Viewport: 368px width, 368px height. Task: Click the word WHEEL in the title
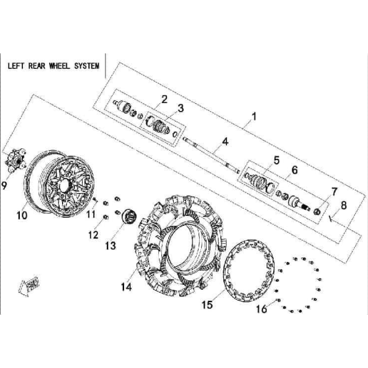[60, 66]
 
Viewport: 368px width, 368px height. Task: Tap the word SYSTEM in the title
[87, 66]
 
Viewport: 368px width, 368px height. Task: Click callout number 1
[254, 117]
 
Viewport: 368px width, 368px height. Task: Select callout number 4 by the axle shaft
[225, 141]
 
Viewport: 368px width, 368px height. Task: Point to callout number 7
[334, 192]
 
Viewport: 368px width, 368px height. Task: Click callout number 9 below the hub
[4, 186]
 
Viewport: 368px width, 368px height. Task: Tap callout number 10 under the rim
[22, 215]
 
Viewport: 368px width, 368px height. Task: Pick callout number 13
[110, 246]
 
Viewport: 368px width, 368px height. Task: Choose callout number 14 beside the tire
[126, 287]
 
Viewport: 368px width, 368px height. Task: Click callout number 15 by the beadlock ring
[207, 305]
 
